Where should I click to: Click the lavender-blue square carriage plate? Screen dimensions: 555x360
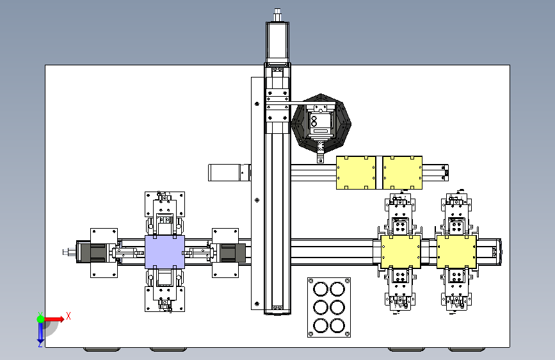coord(165,252)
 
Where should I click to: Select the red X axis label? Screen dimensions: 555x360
coord(68,316)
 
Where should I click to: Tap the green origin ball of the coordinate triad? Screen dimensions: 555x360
coord(41,319)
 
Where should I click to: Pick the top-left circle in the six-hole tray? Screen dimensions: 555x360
coord(321,289)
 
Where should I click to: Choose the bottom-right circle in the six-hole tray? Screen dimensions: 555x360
coord(337,325)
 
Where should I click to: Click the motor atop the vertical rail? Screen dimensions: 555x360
coord(278,42)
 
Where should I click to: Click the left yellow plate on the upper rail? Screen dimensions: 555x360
coord(356,172)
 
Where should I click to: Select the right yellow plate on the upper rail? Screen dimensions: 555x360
coord(403,172)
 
